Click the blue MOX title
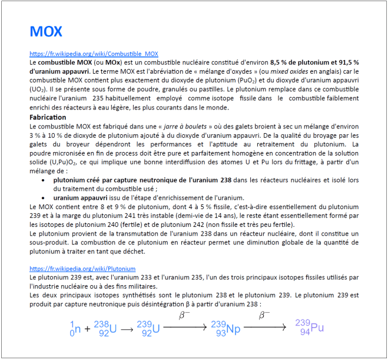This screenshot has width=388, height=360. (45, 31)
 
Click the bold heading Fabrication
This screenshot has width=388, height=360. (47, 117)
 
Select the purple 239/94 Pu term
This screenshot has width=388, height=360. (309, 328)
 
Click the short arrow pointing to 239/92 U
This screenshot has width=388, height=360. (127, 329)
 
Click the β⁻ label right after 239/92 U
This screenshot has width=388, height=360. (184, 316)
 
